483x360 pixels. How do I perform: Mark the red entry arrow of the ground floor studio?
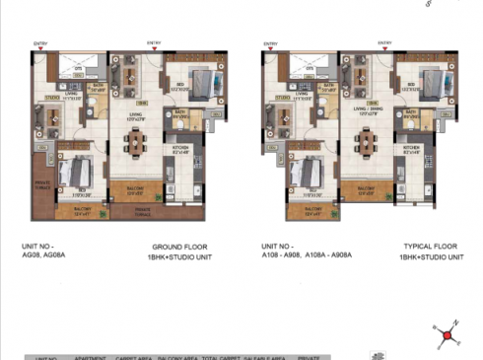pos(39,49)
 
